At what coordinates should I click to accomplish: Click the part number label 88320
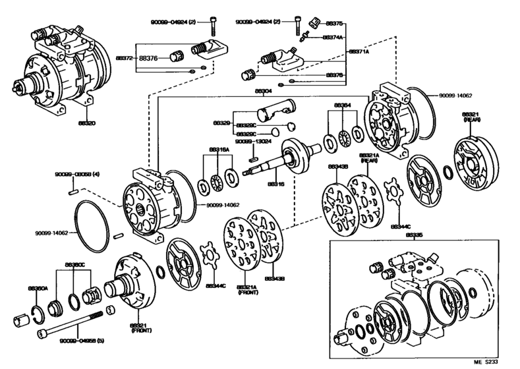(86, 123)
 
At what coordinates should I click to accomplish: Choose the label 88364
(341, 105)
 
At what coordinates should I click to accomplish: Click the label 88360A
(38, 288)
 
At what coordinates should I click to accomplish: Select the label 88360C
(74, 265)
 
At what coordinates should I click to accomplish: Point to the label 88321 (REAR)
(472, 117)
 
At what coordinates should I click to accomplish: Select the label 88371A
(359, 51)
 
